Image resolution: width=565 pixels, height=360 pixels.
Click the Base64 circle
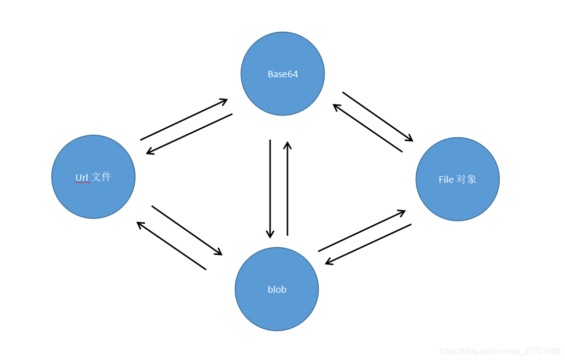[282, 74]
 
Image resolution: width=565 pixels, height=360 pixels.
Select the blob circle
[277, 289]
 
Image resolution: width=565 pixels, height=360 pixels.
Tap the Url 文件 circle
[93, 177]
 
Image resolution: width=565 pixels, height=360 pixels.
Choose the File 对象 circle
[457, 179]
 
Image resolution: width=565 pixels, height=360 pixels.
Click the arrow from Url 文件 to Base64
[184, 119]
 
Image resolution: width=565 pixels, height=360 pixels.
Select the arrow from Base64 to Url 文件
[189, 134]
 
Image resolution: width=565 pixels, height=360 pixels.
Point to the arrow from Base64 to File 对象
[378, 117]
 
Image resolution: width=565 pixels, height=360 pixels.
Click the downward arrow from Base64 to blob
[270, 189]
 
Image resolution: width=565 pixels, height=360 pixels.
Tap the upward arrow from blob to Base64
[287, 189]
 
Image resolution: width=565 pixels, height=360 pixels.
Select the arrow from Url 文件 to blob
[187, 230]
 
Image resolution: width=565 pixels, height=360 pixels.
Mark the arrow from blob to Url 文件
[171, 246]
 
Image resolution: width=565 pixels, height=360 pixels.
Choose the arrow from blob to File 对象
[362, 231]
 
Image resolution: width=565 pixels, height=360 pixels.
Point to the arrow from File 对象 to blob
[368, 244]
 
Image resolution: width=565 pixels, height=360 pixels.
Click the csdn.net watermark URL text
[500, 351]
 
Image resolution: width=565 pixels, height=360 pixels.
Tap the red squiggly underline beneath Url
[83, 183]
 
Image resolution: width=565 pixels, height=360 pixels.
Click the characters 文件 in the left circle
[101, 177]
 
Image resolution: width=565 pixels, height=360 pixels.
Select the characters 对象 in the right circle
[467, 179]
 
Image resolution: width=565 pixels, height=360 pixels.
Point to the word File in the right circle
[446, 179]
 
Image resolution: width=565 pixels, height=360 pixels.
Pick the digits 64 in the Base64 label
[292, 74]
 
